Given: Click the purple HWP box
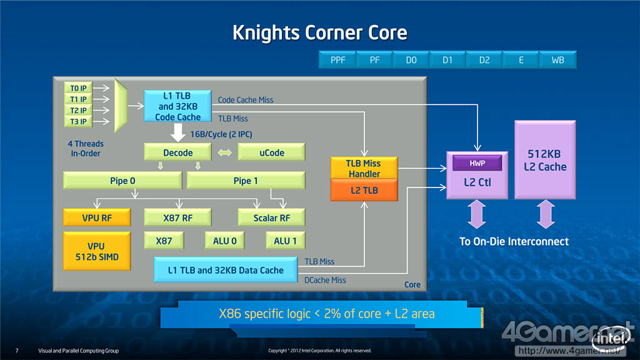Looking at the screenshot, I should pyautogui.click(x=478, y=164).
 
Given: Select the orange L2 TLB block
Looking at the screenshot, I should pyautogui.click(x=363, y=189).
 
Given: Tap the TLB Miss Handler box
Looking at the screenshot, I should pyautogui.click(x=363, y=168).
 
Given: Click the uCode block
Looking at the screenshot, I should pyautogui.click(x=271, y=152).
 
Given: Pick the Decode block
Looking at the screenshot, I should pyautogui.click(x=177, y=152).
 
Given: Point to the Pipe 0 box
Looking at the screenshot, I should pyautogui.click(x=122, y=181).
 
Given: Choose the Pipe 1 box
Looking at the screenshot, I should pyautogui.click(x=246, y=181).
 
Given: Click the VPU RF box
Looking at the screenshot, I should pyautogui.click(x=96, y=217).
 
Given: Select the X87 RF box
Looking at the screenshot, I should pyautogui.click(x=177, y=217).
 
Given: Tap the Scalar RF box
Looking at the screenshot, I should pyautogui.click(x=271, y=217).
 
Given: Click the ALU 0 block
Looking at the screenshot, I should pyautogui.click(x=221, y=241).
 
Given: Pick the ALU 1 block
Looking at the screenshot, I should pyautogui.click(x=285, y=241).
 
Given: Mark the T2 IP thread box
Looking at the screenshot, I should pyautogui.click(x=79, y=110).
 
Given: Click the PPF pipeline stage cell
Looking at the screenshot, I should pyautogui.click(x=337, y=60).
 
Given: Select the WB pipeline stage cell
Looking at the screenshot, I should pyautogui.click(x=557, y=60).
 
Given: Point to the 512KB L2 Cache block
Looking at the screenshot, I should pyautogui.click(x=545, y=160).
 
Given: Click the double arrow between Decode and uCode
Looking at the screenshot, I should pyautogui.click(x=224, y=152).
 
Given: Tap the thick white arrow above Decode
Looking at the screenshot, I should pyautogui.click(x=177, y=132).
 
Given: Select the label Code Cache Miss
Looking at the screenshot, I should pyautogui.click(x=246, y=100).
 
